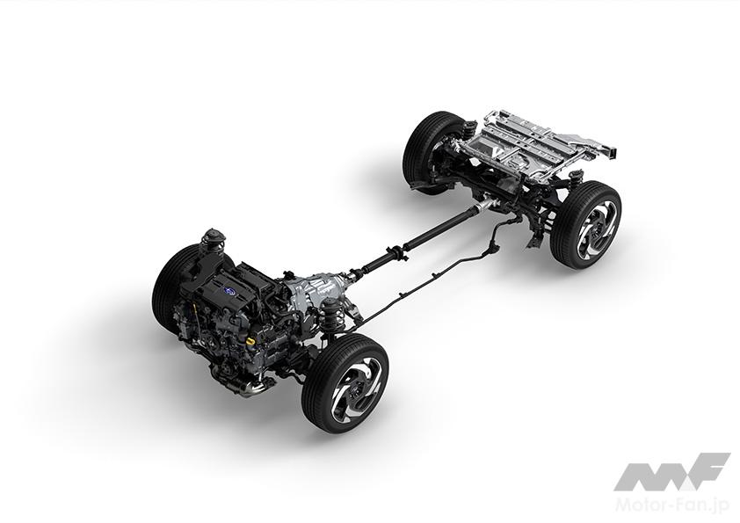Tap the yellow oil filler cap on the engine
(x=252, y=340)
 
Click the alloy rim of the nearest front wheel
(x=356, y=384)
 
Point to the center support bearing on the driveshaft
(x=396, y=251)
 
